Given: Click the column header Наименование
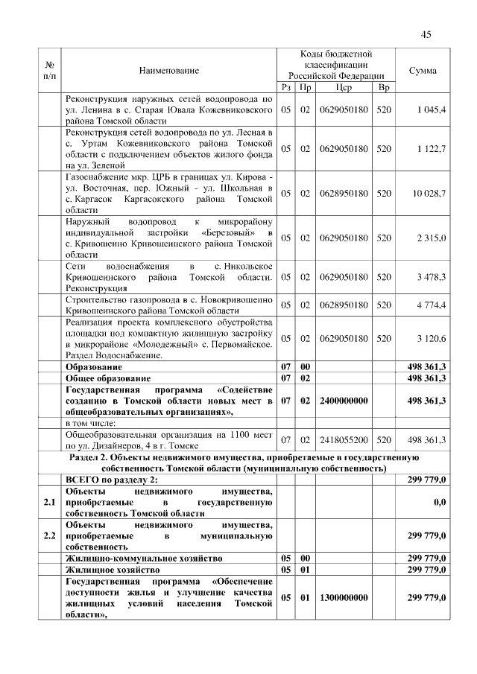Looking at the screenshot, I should [168, 71].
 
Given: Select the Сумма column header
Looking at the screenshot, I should [423, 71].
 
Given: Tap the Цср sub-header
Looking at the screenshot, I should [344, 89].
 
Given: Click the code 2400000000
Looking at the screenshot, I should [344, 401].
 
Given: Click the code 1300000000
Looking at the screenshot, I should [344, 598].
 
